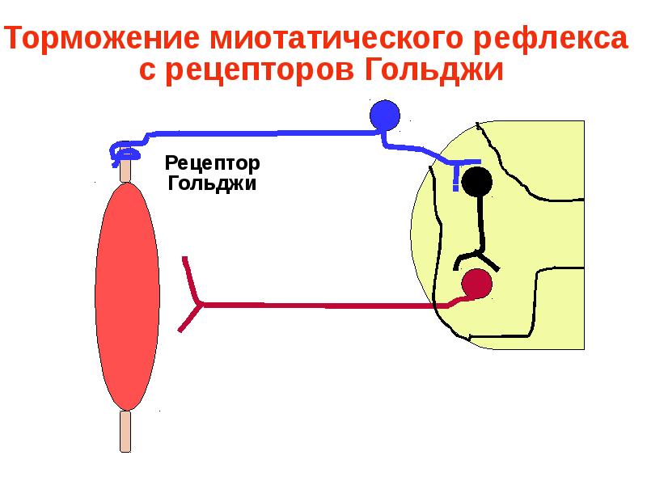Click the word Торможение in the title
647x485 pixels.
click(103, 37)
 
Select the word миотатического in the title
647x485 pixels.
click(336, 37)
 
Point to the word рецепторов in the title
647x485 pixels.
click(260, 70)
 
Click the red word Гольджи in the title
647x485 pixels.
click(434, 70)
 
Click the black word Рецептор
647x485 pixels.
click(212, 163)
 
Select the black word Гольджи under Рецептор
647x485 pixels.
click(212, 183)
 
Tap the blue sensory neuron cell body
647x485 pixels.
click(385, 115)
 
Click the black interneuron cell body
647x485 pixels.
click(476, 181)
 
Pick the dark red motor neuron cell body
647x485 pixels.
click(476, 284)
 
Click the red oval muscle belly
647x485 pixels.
click(128, 297)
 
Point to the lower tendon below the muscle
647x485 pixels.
click(125, 432)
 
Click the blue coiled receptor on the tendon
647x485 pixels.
click(124, 153)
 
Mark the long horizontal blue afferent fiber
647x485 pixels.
click(264, 133)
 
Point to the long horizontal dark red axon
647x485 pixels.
click(326, 306)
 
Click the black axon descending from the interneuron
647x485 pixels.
click(480, 223)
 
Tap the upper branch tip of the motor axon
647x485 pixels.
click(185, 258)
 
